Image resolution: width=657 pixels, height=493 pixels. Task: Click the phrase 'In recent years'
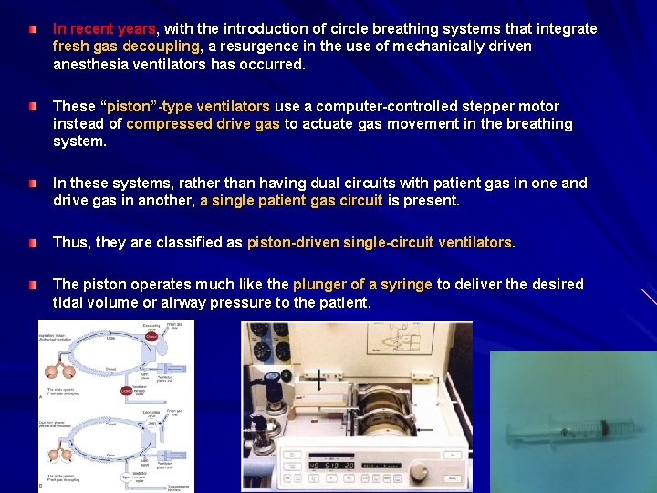104,29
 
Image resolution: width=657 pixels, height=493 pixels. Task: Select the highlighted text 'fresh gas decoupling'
126,47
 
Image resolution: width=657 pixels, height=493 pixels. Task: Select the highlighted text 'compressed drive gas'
203,124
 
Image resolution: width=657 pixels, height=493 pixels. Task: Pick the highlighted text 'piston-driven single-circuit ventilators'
380,243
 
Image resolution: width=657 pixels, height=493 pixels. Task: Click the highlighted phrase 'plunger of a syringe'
362,285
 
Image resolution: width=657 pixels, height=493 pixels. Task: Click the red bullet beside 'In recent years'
33,29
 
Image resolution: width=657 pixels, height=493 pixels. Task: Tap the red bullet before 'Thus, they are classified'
33,243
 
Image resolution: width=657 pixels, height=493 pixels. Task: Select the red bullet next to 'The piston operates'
33,285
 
